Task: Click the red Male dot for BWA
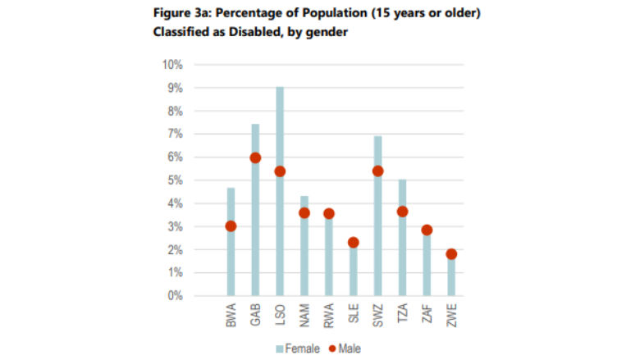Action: pyautogui.click(x=231, y=226)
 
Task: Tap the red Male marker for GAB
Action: pyautogui.click(x=255, y=158)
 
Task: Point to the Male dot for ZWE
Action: pyautogui.click(x=451, y=254)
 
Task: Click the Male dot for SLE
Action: pyautogui.click(x=353, y=243)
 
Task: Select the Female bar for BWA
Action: pyautogui.click(x=231, y=262)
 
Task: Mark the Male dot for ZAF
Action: pyautogui.click(x=427, y=230)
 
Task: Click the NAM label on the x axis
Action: pyautogui.click(x=304, y=316)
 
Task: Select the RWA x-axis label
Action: pyautogui.click(x=329, y=316)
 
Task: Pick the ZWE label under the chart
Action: pyautogui.click(x=451, y=316)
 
